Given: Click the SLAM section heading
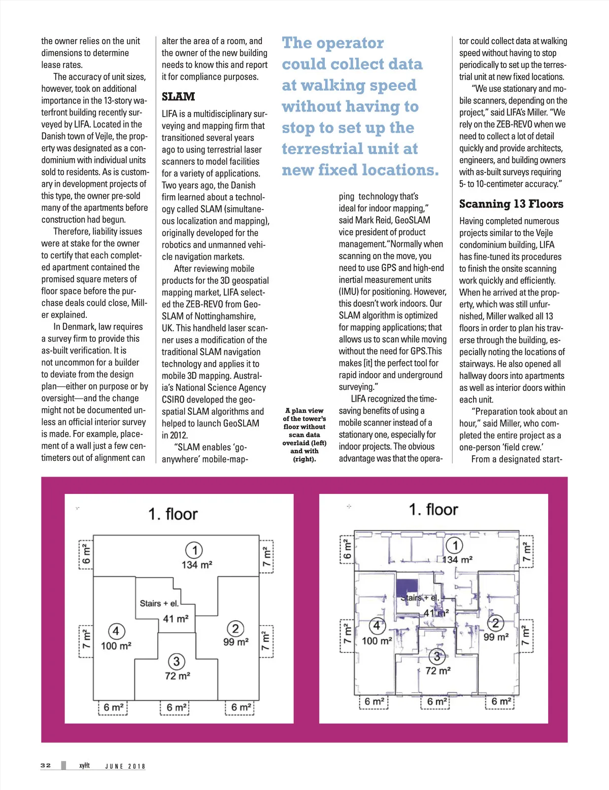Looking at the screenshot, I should pyautogui.click(x=178, y=96).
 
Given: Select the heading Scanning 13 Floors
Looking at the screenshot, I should pyautogui.click(x=511, y=204).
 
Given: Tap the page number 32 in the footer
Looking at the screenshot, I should pyautogui.click(x=46, y=765).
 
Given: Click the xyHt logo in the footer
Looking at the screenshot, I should pyautogui.click(x=84, y=765).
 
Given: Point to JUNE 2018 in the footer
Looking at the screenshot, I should pyautogui.click(x=125, y=766).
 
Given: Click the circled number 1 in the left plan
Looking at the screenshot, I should pyautogui.click(x=194, y=550).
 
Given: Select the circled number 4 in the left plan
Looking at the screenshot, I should pyautogui.click(x=116, y=631).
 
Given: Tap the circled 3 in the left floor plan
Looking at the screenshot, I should pyautogui.click(x=176, y=661).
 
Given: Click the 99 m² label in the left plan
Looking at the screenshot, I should pyautogui.click(x=236, y=642).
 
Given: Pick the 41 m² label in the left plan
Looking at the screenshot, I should pyautogui.click(x=176, y=619).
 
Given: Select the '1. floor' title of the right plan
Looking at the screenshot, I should pyautogui.click(x=433, y=509).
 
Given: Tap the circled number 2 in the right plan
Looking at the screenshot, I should pyautogui.click(x=495, y=623).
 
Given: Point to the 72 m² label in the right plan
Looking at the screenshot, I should pyautogui.click(x=437, y=670).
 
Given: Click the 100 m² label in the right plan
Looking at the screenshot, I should pyautogui.click(x=377, y=641).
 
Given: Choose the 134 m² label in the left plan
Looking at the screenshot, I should pyautogui.click(x=197, y=564).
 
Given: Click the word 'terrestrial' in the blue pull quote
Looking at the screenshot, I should pyautogui.click(x=320, y=149).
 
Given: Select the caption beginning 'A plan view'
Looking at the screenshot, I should pyautogui.click(x=304, y=435).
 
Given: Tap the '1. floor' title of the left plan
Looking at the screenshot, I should pyautogui.click(x=173, y=514).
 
